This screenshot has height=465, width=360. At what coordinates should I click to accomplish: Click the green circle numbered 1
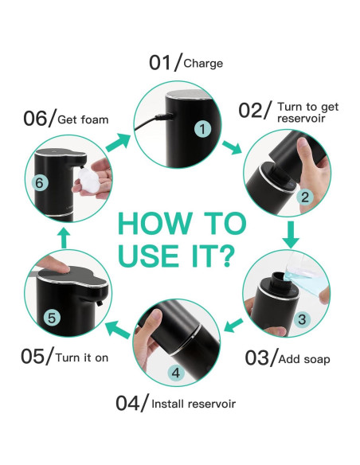pyautogui.click(x=202, y=128)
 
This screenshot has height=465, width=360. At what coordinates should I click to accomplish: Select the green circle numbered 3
pyautogui.click(x=301, y=319)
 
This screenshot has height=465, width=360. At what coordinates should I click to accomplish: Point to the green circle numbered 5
pyautogui.click(x=51, y=318)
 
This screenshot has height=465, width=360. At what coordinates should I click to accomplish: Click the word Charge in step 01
pyautogui.click(x=203, y=63)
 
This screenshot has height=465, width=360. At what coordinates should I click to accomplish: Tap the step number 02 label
pyautogui.click(x=253, y=109)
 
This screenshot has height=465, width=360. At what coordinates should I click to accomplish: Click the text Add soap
pyautogui.click(x=304, y=359)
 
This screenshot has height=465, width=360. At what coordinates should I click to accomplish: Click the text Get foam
pyautogui.click(x=83, y=119)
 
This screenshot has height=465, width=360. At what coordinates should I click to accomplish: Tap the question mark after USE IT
pyautogui.click(x=225, y=256)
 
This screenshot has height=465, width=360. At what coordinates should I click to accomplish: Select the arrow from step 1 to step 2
pyautogui.click(x=233, y=148)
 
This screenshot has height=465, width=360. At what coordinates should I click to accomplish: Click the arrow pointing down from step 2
pyautogui.click(x=292, y=235)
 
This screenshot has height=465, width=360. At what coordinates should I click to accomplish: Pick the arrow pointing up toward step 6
pyautogui.click(x=65, y=236)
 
